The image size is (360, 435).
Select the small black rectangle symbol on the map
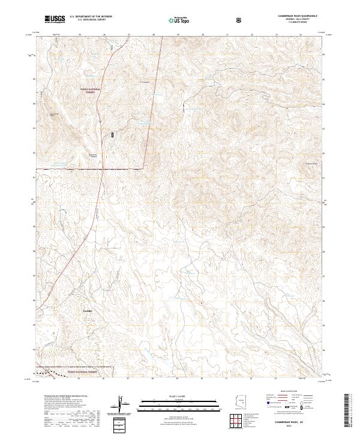pos(112,136)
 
